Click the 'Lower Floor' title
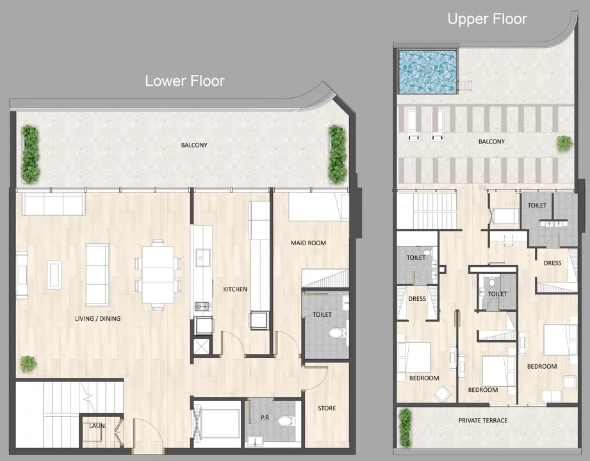[184, 81]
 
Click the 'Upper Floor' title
[487, 19]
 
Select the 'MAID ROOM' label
[308, 243]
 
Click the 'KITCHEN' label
[234, 289]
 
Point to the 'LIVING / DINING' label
[98, 318]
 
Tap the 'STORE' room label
[326, 408]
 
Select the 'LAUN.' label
[96, 424]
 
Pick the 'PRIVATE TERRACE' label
[483, 420]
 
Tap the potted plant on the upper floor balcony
[564, 143]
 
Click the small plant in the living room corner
[28, 364]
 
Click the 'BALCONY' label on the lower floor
[194, 145]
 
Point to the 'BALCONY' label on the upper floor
[491, 142]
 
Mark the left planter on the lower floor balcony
[30, 154]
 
